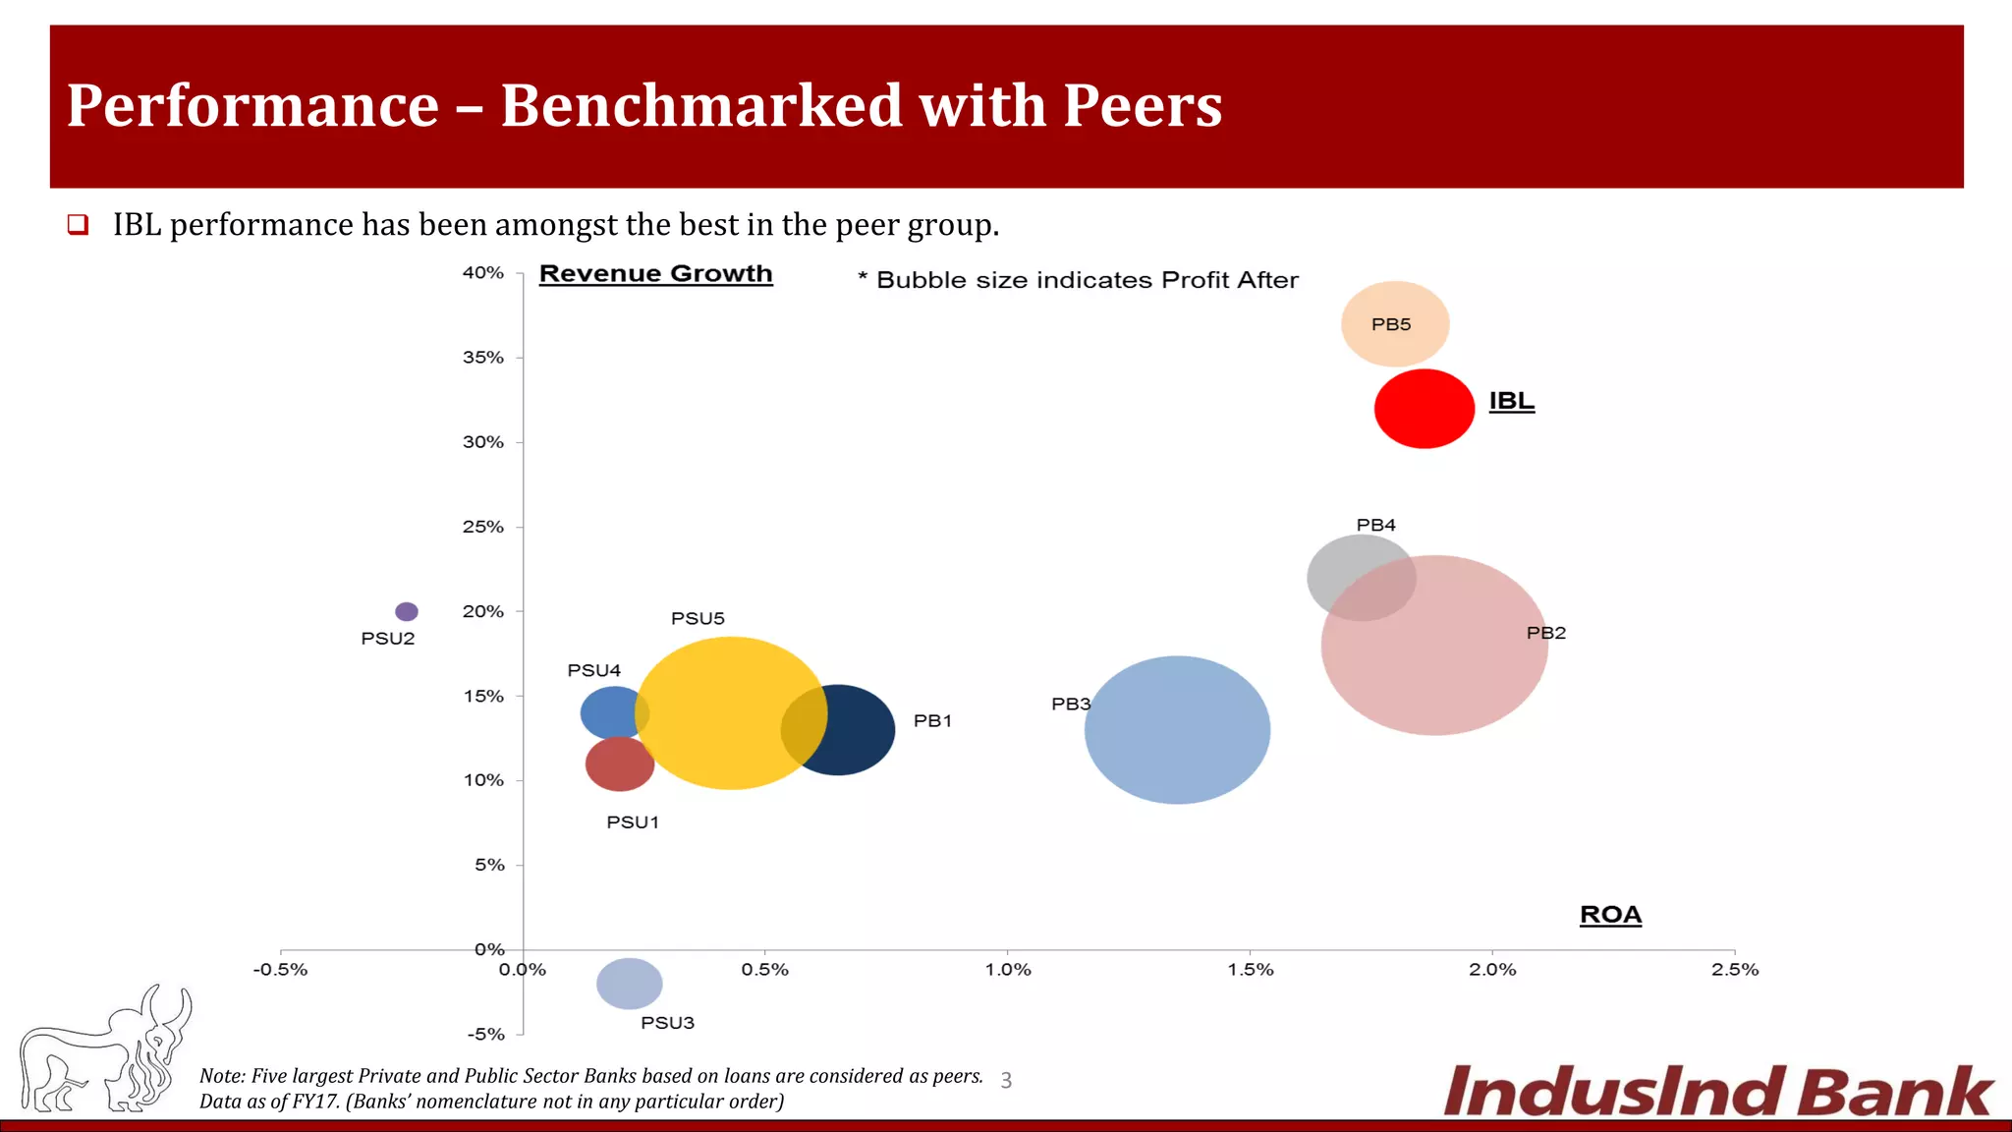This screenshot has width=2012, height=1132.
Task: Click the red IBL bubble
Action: tap(1424, 409)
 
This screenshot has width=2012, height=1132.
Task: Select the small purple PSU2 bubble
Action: tap(406, 611)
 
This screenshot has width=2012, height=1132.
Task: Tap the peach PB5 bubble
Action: tap(1394, 323)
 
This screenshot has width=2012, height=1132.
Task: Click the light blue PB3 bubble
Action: tap(1177, 729)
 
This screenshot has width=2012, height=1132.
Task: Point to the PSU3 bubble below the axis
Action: tap(629, 983)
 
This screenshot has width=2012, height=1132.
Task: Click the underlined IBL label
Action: tap(1511, 401)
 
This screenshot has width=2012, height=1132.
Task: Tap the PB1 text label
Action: tap(932, 720)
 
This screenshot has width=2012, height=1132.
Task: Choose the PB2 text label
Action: tap(1545, 633)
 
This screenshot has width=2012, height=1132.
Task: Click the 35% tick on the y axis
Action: tap(483, 358)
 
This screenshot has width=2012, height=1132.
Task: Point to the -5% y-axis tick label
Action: tap(485, 1034)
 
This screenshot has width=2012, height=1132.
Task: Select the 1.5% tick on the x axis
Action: tap(1250, 970)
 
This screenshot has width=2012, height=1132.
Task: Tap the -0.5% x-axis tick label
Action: tap(280, 970)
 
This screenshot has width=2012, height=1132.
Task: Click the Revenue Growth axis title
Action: tap(655, 274)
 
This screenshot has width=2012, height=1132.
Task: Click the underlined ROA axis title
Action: tap(1610, 915)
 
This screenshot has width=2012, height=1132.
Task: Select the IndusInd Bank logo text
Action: tap(1717, 1091)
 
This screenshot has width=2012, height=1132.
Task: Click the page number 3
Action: tap(1006, 1081)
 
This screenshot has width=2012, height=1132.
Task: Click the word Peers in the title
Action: tap(1142, 105)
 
